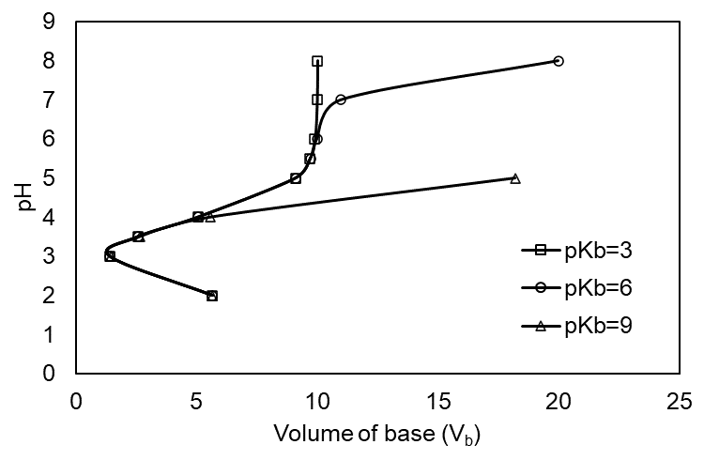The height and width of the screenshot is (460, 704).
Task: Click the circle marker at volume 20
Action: [x=559, y=61]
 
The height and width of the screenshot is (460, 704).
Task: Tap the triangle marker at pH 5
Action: [x=515, y=178]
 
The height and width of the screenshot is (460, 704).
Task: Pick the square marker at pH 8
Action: [x=317, y=61]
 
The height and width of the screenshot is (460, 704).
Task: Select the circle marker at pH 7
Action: [x=341, y=100]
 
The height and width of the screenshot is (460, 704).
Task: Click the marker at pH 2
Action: [x=212, y=296]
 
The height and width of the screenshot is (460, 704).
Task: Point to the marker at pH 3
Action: [x=110, y=256]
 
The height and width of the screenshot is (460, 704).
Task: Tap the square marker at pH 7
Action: [x=317, y=100]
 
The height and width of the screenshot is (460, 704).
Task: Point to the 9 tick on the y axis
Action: [x=62, y=22]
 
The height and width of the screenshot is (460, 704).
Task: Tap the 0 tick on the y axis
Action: [x=62, y=374]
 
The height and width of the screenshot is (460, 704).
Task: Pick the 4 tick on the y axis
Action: [x=62, y=217]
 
